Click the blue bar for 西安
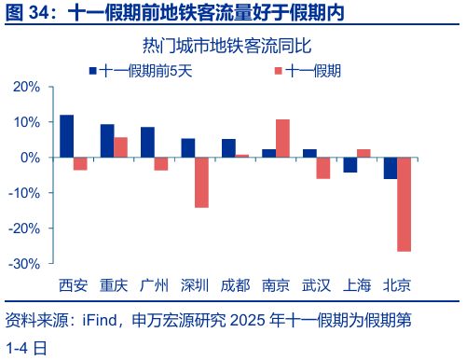click(x=67, y=136)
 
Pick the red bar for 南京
click(x=282, y=139)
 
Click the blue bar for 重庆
click(x=107, y=141)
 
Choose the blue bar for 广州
click(x=147, y=142)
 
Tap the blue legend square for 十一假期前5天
click(x=92, y=70)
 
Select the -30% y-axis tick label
click(x=23, y=264)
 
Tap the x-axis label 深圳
click(x=195, y=284)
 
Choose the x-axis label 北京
click(x=397, y=284)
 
